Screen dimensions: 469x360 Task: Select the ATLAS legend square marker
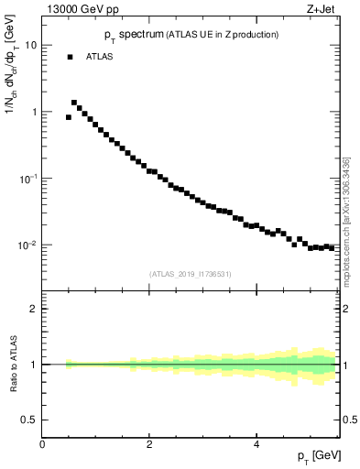coord(69,57)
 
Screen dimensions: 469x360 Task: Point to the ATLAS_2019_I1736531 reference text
coord(191,274)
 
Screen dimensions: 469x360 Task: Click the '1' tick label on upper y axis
coord(34,112)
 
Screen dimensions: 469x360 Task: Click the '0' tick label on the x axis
coord(42,445)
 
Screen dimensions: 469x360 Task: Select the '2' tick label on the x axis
coord(149,445)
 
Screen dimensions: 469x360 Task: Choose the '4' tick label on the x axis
coord(256,445)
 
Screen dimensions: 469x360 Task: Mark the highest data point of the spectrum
coord(74,103)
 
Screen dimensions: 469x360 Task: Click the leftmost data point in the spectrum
coord(69,117)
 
